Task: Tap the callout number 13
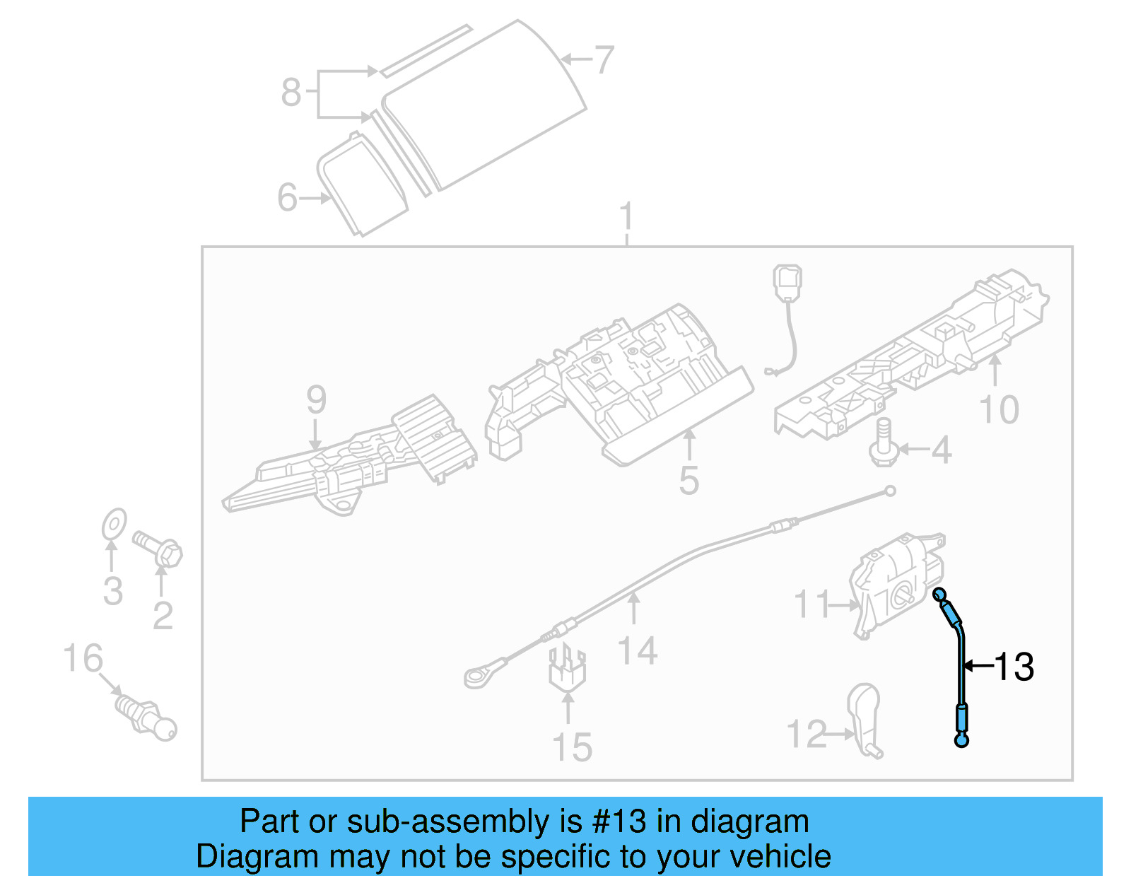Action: tap(1014, 667)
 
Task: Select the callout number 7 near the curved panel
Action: tap(604, 60)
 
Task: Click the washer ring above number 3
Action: tap(114, 524)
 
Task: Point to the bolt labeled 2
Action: tap(160, 549)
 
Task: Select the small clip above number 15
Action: tap(567, 668)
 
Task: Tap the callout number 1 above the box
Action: tap(626, 217)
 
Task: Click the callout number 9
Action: tap(316, 400)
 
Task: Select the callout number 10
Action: tap(999, 410)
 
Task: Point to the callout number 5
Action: tap(688, 481)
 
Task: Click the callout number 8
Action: tap(291, 93)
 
